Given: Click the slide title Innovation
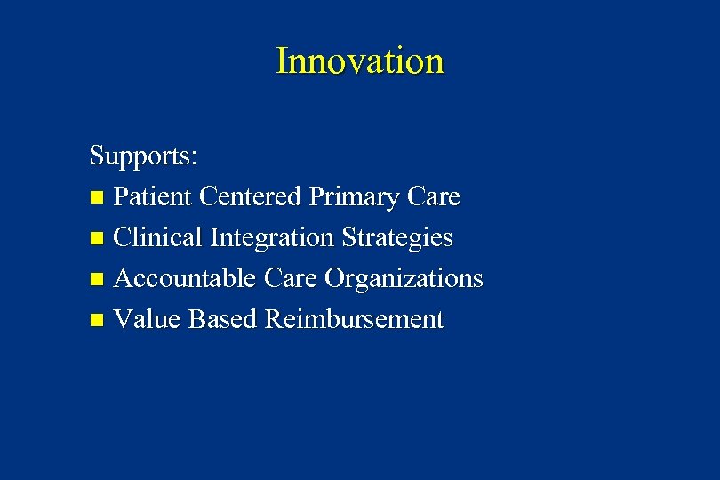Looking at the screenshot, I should [359, 61].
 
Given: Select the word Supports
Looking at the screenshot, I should [140, 156].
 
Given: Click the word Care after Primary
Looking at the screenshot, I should [432, 196].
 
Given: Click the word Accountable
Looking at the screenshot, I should [187, 278].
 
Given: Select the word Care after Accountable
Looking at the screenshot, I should [292, 278].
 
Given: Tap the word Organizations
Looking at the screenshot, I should [404, 280].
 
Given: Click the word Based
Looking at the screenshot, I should [223, 319].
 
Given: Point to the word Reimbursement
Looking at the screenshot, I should [354, 319].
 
